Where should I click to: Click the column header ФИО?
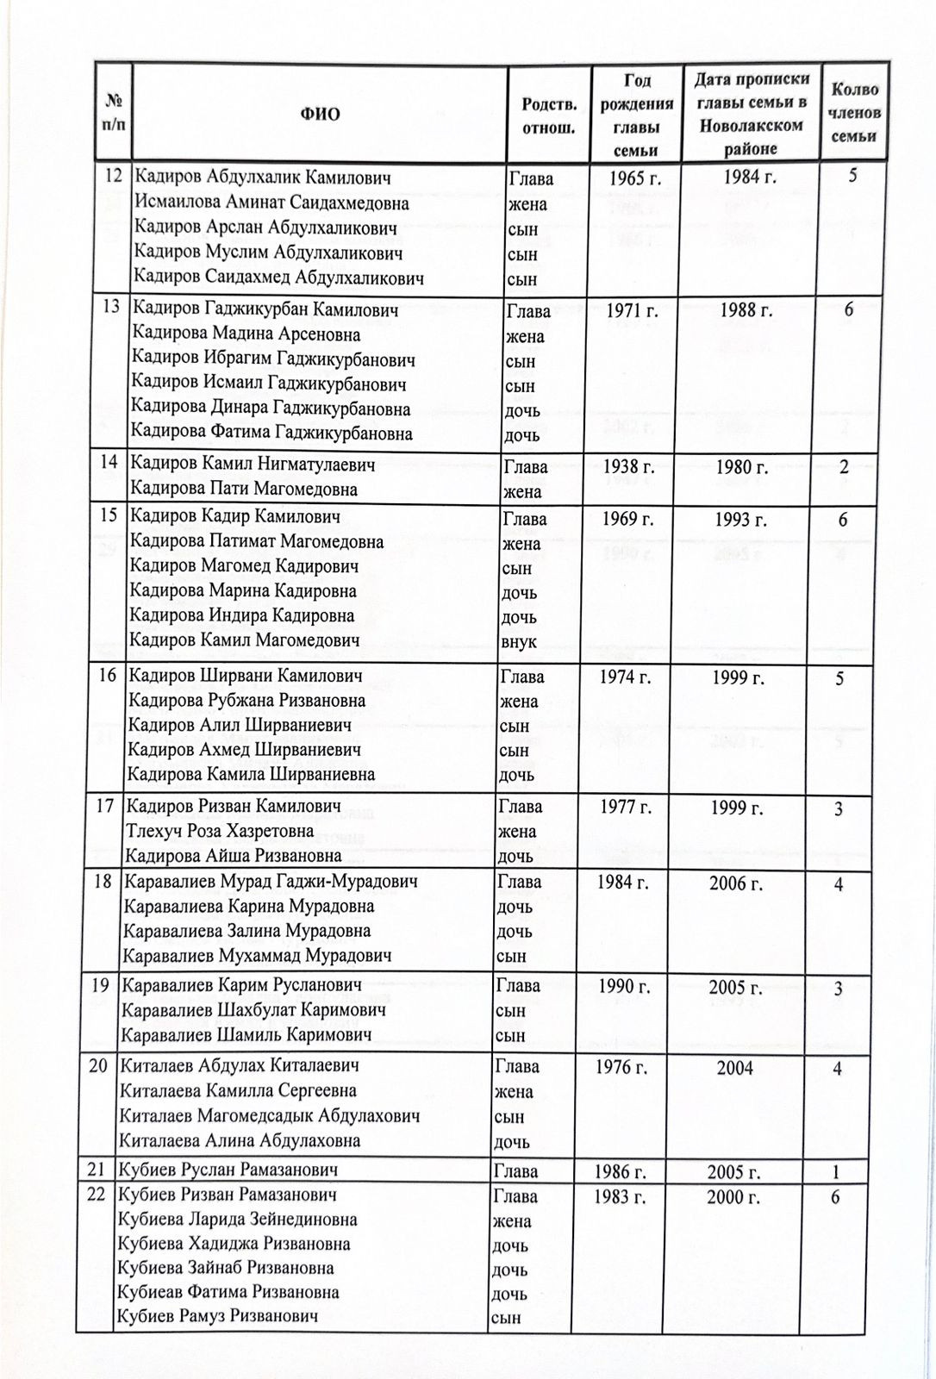pos(321,115)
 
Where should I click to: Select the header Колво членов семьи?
pos(854,113)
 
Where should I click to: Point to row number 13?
pos(110,308)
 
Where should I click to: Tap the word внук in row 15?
pos(518,641)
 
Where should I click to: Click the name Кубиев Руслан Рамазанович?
pos(229,1170)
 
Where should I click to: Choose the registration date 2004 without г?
pos(734,1069)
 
